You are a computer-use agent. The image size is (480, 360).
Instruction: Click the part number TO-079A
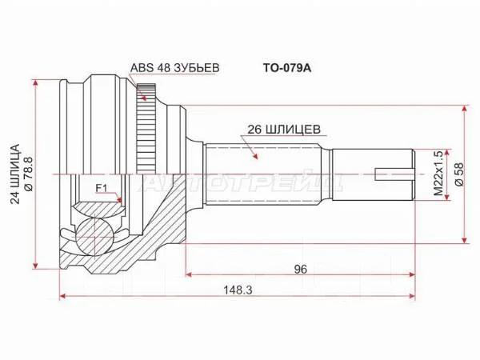[x=287, y=68]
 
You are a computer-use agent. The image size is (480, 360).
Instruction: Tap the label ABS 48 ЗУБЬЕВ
[x=174, y=68]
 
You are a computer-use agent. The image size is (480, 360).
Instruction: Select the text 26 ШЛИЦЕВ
[x=284, y=130]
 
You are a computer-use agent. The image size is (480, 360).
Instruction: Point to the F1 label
[x=102, y=188]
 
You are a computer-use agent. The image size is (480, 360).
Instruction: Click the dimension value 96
[x=300, y=269]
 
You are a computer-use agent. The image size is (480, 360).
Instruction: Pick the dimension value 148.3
[x=238, y=290]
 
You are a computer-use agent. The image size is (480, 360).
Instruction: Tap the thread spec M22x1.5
[x=438, y=174]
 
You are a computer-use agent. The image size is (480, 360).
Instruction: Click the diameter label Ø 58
[x=460, y=174]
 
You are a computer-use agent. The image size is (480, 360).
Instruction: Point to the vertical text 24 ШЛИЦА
[x=15, y=174]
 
